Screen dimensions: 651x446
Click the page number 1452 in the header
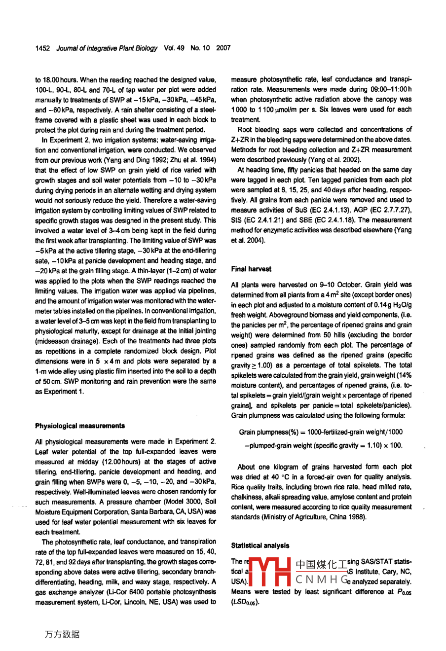coord(43,48)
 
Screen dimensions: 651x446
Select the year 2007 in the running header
coord(223,48)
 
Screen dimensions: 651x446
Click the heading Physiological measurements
coord(80,426)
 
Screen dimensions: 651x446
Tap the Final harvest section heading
coord(251,269)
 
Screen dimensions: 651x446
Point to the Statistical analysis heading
coord(260,545)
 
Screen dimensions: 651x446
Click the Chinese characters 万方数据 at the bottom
coord(62,634)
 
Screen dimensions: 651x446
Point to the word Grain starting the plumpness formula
coord(247,432)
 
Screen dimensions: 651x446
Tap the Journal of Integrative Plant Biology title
coord(107,48)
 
